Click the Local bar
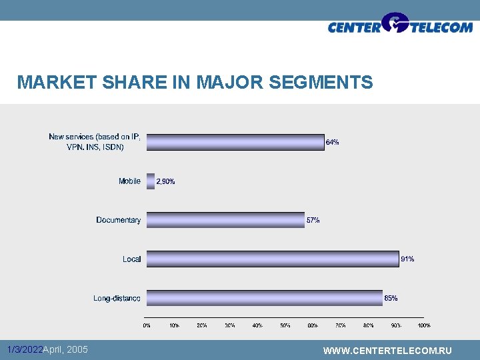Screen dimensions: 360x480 (272, 259)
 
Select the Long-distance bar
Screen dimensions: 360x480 (264, 298)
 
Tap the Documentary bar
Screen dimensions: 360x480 (225, 220)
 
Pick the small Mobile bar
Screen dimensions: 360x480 (150, 181)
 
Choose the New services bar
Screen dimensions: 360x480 (235, 142)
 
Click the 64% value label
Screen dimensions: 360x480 (332, 142)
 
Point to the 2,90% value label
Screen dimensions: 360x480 (165, 181)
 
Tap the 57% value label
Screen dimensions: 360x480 (313, 220)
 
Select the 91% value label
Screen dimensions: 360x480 (407, 259)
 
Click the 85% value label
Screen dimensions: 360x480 (391, 298)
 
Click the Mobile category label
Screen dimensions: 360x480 (129, 181)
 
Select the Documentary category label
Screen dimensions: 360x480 (118, 220)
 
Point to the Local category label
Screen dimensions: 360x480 (131, 259)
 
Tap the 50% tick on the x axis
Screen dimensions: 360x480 (285, 325)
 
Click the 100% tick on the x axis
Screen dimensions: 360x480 (423, 325)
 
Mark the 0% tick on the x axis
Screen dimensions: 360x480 (147, 325)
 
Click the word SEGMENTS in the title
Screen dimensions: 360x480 (321, 83)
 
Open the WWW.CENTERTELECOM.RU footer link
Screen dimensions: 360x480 (387, 351)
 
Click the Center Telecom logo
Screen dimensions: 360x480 (400, 25)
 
